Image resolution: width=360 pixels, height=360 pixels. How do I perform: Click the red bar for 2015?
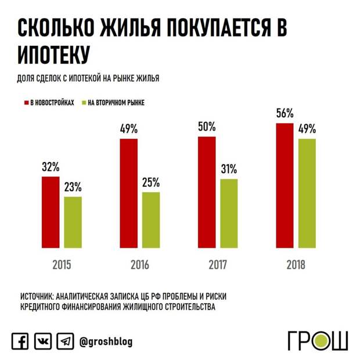(x=51, y=211)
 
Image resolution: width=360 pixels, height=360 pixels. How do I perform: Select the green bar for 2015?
(x=73, y=222)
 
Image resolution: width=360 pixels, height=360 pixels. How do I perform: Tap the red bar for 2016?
(x=129, y=192)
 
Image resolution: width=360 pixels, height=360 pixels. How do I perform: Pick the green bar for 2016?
(x=151, y=219)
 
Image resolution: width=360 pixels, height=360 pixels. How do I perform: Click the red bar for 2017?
(x=207, y=192)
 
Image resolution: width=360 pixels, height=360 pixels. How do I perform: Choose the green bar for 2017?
(x=229, y=213)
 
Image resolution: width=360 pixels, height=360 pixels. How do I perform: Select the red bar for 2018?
(x=285, y=185)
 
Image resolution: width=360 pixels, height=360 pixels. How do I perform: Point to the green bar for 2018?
(x=307, y=192)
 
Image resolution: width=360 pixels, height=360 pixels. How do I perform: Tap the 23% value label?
(x=73, y=188)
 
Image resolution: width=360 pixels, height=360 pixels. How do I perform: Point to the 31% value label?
(x=229, y=170)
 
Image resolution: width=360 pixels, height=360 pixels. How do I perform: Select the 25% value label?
(x=151, y=183)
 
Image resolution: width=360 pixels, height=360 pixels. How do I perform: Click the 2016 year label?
(x=140, y=266)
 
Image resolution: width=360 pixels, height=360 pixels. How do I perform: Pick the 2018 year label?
(x=296, y=266)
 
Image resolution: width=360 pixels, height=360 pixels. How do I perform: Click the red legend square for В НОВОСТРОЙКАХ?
(x=27, y=103)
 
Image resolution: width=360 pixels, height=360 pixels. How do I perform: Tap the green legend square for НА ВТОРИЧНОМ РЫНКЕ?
(x=84, y=103)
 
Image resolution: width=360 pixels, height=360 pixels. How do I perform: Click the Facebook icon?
(x=20, y=341)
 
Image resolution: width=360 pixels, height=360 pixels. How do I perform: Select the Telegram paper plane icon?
(x=65, y=341)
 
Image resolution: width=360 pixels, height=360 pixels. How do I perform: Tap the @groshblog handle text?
(x=106, y=341)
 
